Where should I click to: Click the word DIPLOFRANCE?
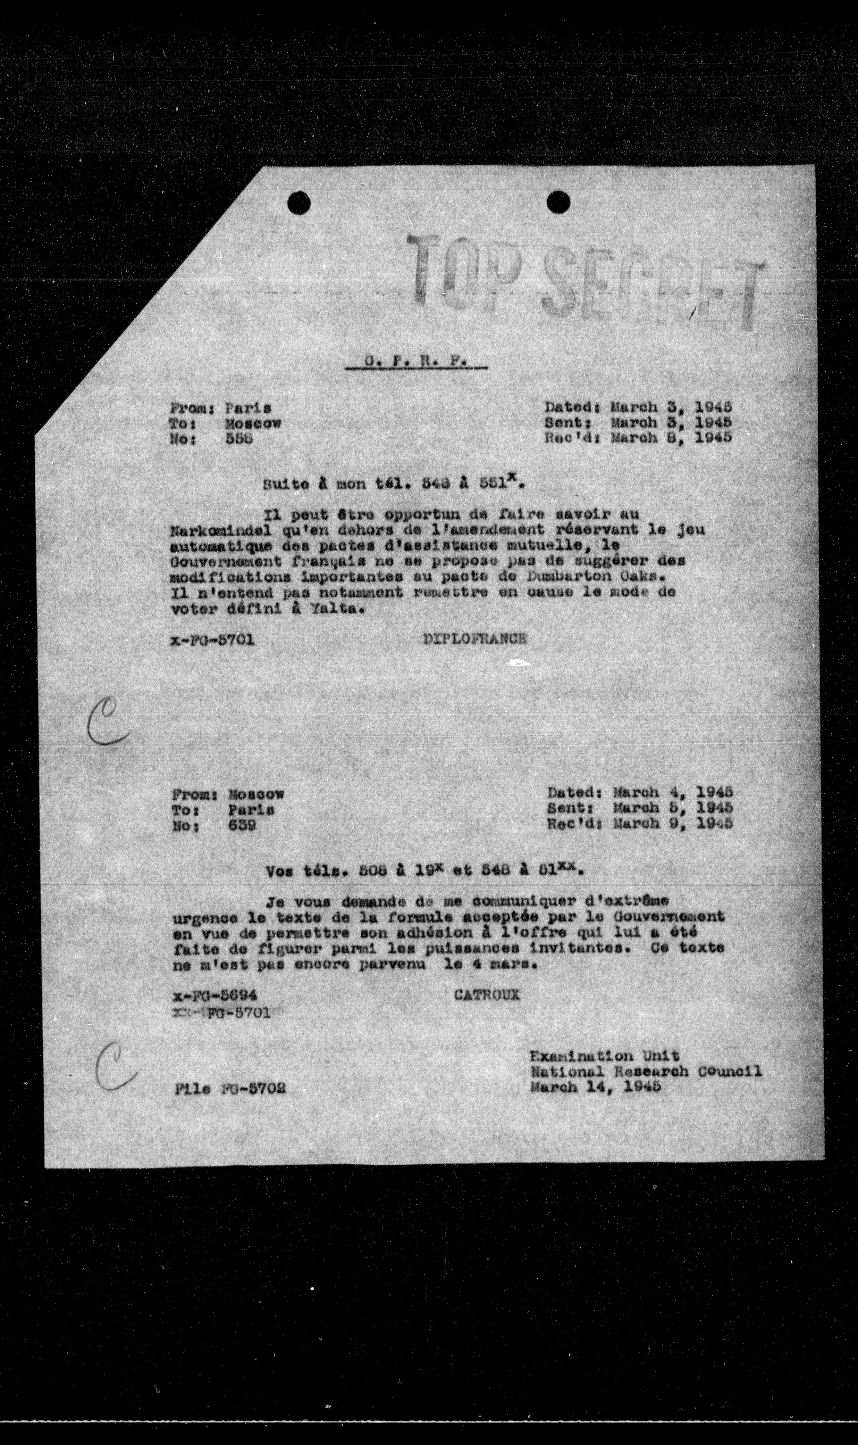pos(475,639)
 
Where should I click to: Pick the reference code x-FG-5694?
pos(215,994)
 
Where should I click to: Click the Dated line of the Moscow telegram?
pos(639,791)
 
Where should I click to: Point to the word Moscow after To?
pos(253,423)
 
